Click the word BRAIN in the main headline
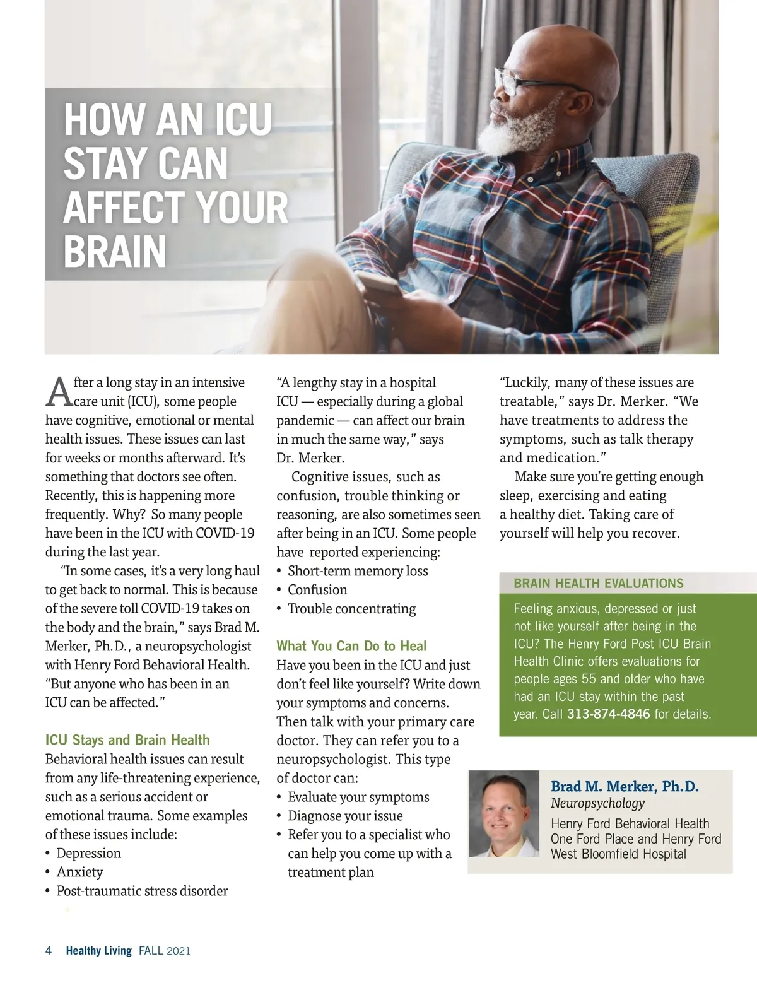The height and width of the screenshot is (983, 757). (115, 252)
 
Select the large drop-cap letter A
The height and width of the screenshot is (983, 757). (59, 392)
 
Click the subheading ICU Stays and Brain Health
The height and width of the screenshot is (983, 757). (127, 740)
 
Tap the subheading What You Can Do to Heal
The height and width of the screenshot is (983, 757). (351, 646)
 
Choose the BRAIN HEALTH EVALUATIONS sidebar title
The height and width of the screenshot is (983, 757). (598, 584)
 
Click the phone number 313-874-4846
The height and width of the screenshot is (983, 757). (608, 714)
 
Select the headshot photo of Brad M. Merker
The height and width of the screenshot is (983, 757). (504, 815)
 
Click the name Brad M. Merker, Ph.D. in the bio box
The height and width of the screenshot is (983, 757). (625, 787)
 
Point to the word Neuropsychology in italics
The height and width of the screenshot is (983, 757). (597, 803)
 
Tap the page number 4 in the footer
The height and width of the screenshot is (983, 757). (49, 951)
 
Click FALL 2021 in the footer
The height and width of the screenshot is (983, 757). (165, 951)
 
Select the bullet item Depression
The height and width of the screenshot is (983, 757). (88, 853)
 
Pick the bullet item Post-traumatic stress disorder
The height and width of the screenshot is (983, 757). (142, 891)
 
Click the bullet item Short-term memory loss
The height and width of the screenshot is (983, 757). (358, 571)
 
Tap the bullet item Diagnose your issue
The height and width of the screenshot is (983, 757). (345, 816)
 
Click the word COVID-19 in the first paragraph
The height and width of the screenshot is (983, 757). (225, 533)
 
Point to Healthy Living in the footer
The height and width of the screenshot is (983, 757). (98, 951)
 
